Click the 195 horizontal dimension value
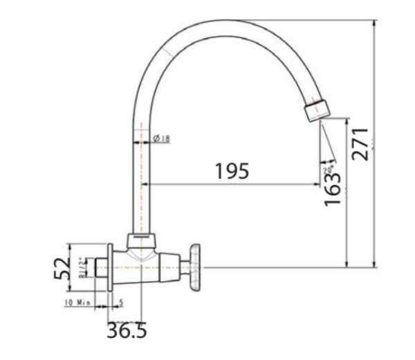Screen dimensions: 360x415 pos(232,170)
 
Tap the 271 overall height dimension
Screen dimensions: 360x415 pos(362,142)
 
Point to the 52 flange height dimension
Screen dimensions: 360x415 pos(62,267)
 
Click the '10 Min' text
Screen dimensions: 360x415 pos(77,303)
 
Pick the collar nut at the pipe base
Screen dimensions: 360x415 pos(141,242)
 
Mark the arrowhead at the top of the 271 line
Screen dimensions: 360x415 pos(374,23)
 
